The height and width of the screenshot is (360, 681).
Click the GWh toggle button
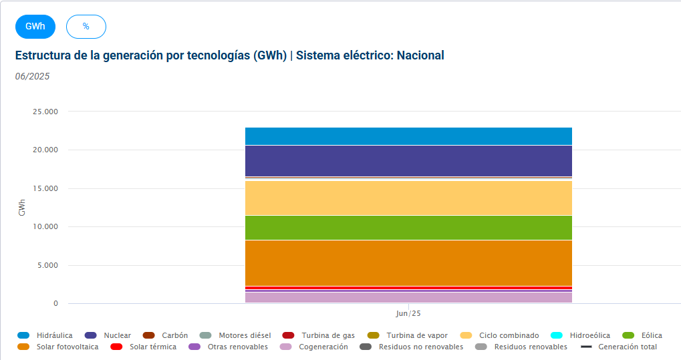[x=35, y=27]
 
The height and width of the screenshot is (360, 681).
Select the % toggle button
[x=86, y=27]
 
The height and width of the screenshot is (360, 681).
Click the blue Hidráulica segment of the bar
[x=408, y=136]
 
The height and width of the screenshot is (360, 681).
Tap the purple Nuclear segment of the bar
[x=408, y=161]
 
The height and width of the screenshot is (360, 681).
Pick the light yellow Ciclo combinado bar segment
[x=408, y=198]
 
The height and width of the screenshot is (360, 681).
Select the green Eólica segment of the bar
[x=408, y=228]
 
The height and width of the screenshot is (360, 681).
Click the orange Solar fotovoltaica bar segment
[x=408, y=262]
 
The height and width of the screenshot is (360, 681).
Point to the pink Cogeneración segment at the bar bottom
[x=408, y=297]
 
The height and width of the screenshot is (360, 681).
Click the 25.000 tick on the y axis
[x=45, y=112]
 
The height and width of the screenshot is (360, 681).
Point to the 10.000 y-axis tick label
[x=45, y=226]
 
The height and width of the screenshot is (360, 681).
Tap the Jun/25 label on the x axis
[x=408, y=313]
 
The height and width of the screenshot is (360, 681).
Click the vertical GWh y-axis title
[x=21, y=208]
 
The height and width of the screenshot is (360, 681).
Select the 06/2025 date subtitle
[x=32, y=76]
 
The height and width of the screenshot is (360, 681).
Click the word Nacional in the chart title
[x=420, y=55]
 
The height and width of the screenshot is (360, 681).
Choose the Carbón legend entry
[x=166, y=335]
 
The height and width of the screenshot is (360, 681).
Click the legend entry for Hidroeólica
[x=580, y=335]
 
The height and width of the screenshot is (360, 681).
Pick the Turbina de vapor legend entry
[x=408, y=335]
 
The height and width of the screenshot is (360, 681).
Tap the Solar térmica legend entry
[x=143, y=347]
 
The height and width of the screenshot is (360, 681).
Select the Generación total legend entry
[x=619, y=347]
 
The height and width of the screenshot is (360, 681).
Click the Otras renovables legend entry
[x=229, y=347]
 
